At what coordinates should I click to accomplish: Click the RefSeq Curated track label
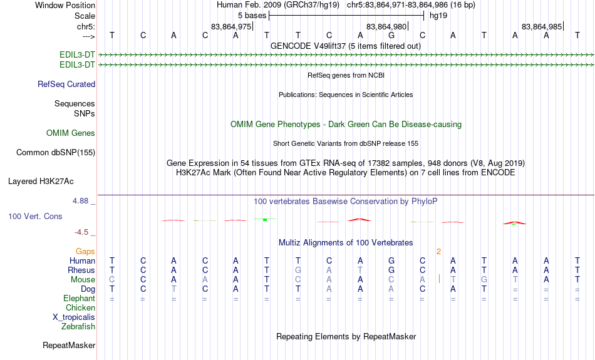[66, 85]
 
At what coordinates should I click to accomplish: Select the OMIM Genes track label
[71, 133]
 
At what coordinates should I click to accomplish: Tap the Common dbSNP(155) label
[56, 153]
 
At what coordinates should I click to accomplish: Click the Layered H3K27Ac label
[41, 182]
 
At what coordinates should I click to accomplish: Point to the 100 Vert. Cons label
[35, 216]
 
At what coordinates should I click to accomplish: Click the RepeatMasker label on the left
[69, 345]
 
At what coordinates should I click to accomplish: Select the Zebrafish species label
[78, 327]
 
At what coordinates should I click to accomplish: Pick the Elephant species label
[80, 299]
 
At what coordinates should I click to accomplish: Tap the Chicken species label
[80, 307]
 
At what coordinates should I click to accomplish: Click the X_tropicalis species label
[74, 317]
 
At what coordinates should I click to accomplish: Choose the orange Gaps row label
[85, 252]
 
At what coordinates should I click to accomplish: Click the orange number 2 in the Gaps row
[438, 252]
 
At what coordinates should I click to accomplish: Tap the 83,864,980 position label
[386, 26]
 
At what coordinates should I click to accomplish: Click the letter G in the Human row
[391, 261]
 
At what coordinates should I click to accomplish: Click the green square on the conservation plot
[265, 220]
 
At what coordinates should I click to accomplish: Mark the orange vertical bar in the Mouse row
[439, 279]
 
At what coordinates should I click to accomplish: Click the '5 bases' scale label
[252, 16]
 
